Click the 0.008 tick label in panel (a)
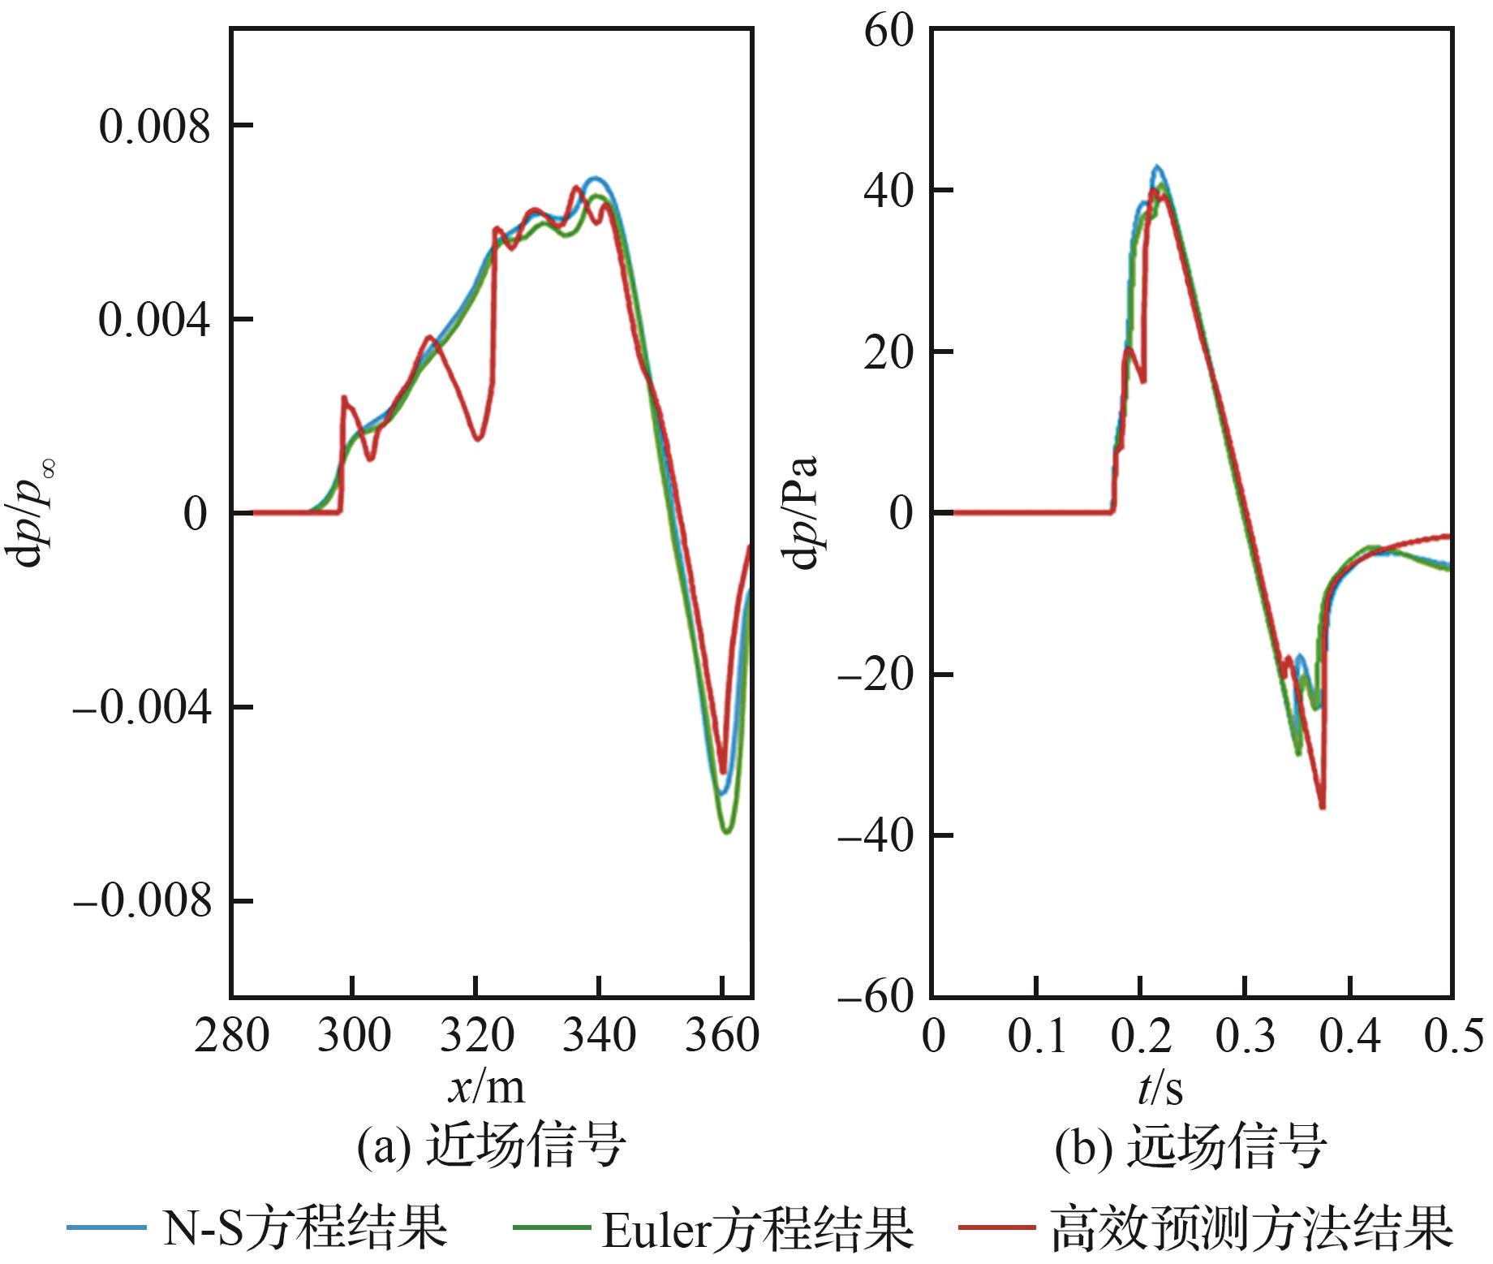tap(154, 127)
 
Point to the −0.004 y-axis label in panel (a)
tap(142, 708)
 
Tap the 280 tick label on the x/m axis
tap(231, 1037)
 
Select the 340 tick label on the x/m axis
tap(599, 1037)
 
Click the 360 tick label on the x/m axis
tap(721, 1037)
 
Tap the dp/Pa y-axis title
tap(803, 513)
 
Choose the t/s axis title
tap(1160, 1088)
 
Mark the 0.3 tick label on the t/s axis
tap(1246, 1037)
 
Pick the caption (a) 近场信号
tap(491, 1145)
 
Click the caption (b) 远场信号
tap(1190, 1145)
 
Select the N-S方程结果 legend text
tap(304, 1227)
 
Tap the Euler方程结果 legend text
tap(757, 1227)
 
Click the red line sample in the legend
tap(996, 1227)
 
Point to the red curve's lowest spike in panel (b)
tap(1323, 807)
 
